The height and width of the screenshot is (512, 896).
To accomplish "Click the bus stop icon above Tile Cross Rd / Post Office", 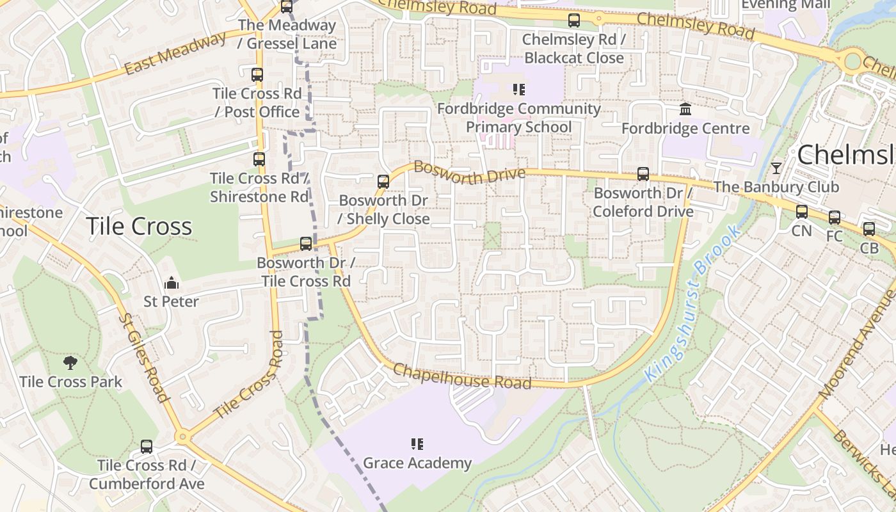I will point(257,75).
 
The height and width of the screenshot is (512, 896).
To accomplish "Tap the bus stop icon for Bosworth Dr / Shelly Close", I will point(383,182).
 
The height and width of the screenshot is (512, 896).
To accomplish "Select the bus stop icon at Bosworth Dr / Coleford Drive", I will point(643,174).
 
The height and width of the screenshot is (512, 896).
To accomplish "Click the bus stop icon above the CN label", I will point(802,212).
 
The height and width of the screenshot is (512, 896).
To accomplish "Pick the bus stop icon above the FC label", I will point(835,218).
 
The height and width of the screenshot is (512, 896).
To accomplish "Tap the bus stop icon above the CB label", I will point(869,229).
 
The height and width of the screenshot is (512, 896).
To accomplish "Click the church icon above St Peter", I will point(171,283).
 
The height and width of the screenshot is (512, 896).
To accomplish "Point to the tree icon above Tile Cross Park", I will point(70,363).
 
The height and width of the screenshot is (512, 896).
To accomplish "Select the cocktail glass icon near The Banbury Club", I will point(776,168).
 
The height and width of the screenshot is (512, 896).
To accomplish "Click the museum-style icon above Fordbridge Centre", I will point(685,109).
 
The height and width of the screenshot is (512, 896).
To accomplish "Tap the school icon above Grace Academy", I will point(417,444).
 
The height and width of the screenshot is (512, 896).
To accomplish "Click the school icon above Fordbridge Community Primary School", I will point(518,90).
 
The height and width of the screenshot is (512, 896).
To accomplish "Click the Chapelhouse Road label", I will point(461,376).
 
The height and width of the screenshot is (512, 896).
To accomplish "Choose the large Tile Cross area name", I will point(138,227).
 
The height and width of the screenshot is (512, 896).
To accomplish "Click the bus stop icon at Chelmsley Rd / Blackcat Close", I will point(574,20).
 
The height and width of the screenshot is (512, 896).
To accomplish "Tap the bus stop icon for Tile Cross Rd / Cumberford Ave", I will point(147,447).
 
